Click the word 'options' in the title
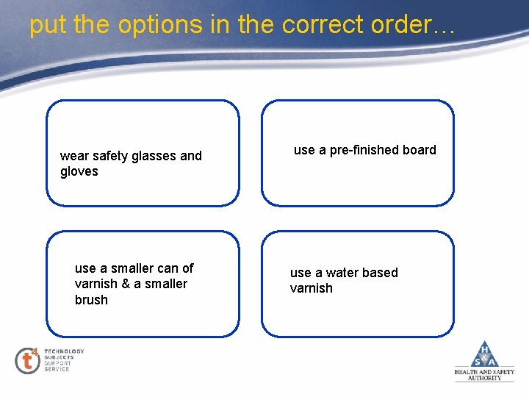pyautogui.click(x=143, y=25)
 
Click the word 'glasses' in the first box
pyautogui.click(x=152, y=156)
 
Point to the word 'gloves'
pyautogui.click(x=79, y=171)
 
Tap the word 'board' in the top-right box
pyautogui.click(x=419, y=150)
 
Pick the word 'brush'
pyautogui.click(x=91, y=300)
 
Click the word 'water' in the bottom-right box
pyautogui.click(x=341, y=273)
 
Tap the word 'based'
pyautogui.click(x=380, y=273)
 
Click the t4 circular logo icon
pyautogui.click(x=27, y=360)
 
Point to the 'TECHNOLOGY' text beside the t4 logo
pyautogui.click(x=64, y=351)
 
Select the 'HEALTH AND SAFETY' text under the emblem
pyautogui.click(x=484, y=372)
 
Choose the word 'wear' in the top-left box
pyautogui.click(x=73, y=156)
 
